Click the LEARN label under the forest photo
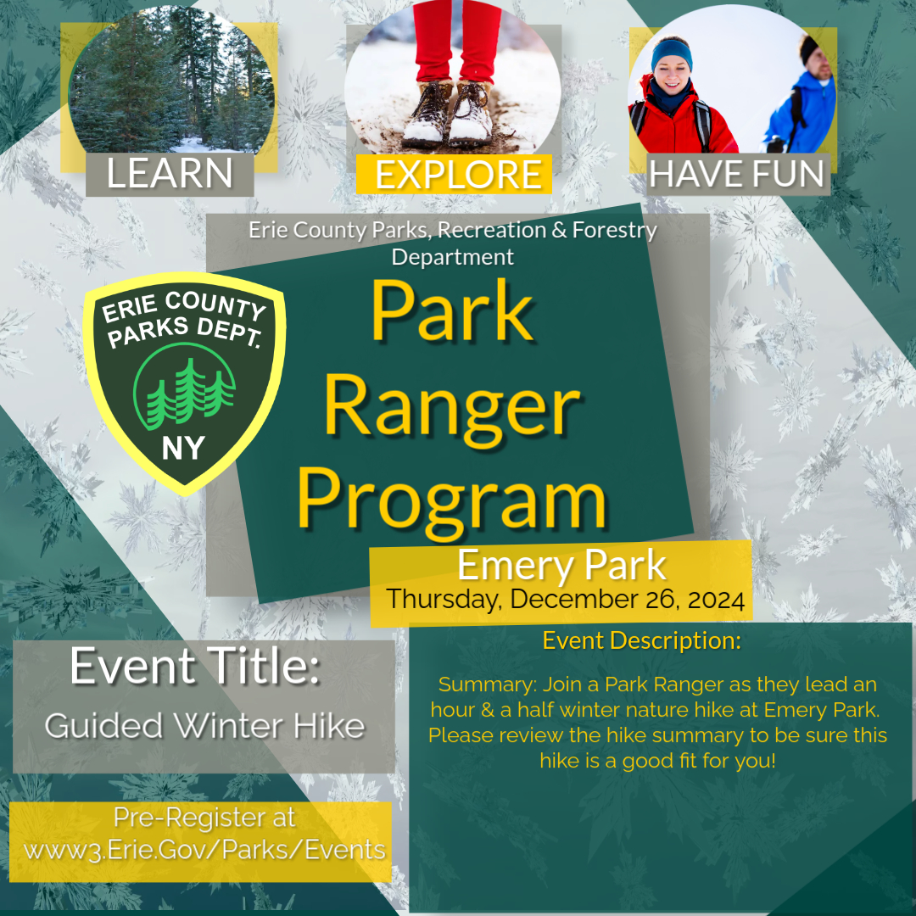click(170, 174)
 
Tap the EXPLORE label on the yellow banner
click(458, 175)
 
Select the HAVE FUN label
click(737, 175)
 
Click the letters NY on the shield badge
click(182, 447)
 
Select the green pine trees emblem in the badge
click(183, 391)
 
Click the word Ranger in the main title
click(451, 406)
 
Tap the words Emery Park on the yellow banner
click(561, 566)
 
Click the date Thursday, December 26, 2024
click(566, 600)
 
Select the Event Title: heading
click(195, 666)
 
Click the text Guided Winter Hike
click(204, 726)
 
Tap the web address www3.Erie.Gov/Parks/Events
click(204, 849)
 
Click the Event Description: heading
click(642, 640)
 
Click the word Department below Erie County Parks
click(452, 255)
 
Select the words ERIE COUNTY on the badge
click(182, 308)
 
